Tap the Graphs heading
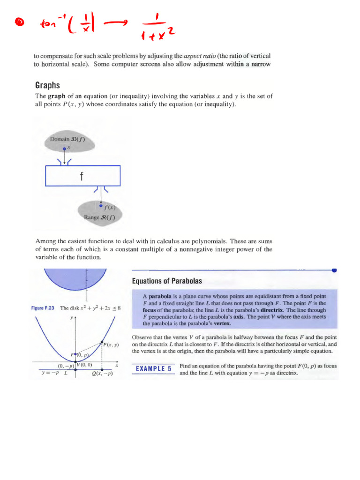(47, 85)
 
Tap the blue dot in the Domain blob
(65, 149)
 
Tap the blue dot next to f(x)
(100, 205)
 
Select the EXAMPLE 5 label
(153, 369)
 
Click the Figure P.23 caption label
(43, 308)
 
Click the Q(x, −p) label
(103, 374)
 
